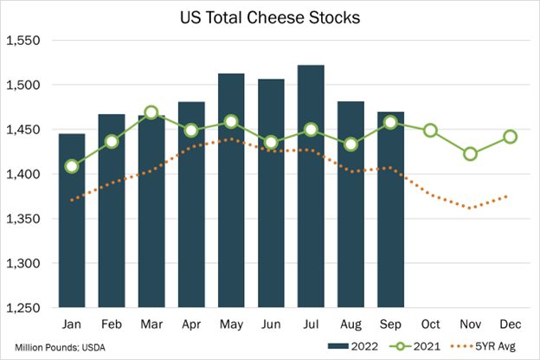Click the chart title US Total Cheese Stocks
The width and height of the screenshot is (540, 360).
coord(269,16)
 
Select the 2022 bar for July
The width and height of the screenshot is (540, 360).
coord(311,186)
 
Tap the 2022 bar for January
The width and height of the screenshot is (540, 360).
coord(72,221)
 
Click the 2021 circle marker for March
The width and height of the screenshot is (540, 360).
coord(151,112)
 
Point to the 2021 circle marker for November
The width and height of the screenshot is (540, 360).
coord(470,154)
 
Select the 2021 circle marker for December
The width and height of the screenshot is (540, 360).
coord(510,137)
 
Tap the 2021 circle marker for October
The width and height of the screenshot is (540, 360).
coord(430,131)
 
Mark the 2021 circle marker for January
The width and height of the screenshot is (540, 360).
coord(72,166)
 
